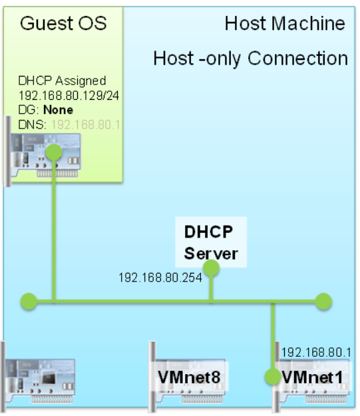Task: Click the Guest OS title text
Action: pos(64,25)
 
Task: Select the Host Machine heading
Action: pos(285,25)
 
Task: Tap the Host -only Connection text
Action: pos(250,59)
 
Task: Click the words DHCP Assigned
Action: pos(62,81)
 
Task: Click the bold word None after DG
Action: pos(58,109)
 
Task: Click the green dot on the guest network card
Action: pos(54,152)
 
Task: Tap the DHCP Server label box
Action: pos(211,242)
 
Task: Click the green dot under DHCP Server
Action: pos(211,268)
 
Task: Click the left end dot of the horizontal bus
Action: pos(27,302)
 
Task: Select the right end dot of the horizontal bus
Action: pos(323,302)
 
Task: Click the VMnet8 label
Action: pos(189,377)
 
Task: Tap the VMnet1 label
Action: pos(313,377)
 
